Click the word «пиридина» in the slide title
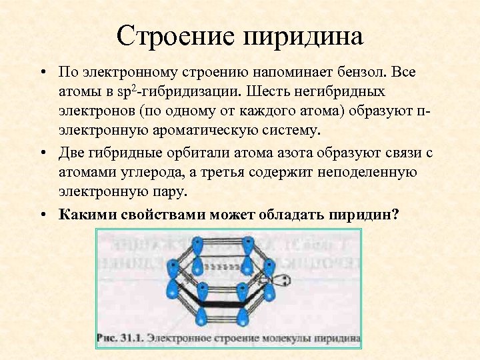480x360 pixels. [x=306, y=37]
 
